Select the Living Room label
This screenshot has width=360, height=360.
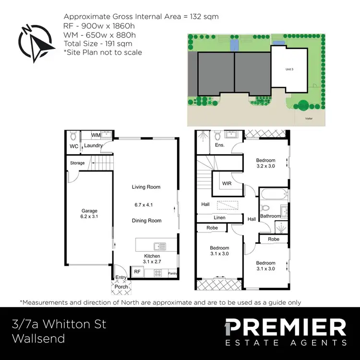(x=146, y=187)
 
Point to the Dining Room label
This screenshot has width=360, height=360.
(x=146, y=221)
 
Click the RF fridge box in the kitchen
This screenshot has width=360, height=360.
(x=137, y=272)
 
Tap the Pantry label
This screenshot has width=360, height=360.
(x=172, y=274)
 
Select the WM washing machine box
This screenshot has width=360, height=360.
(x=96, y=135)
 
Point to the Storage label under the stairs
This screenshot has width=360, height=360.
(x=77, y=163)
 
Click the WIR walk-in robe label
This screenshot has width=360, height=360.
(x=227, y=183)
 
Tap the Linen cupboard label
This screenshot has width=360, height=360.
(x=219, y=218)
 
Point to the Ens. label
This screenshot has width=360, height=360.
(x=220, y=145)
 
